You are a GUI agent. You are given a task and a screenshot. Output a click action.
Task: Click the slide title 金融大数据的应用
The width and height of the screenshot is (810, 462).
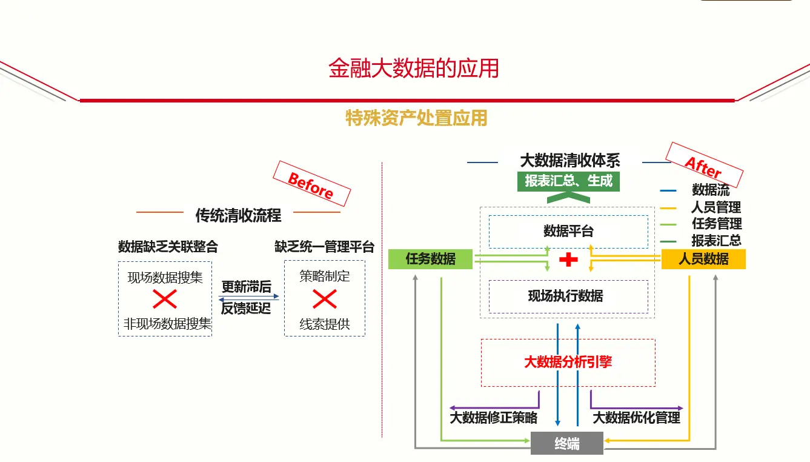click(x=414, y=69)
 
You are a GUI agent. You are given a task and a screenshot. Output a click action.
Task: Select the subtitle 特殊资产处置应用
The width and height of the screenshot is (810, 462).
click(x=416, y=118)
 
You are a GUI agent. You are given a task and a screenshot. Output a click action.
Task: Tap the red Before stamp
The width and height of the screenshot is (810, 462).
click(x=311, y=184)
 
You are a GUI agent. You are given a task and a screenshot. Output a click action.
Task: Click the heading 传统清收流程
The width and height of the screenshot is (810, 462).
click(x=238, y=215)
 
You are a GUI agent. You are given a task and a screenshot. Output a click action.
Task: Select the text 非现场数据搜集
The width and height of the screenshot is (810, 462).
click(x=167, y=324)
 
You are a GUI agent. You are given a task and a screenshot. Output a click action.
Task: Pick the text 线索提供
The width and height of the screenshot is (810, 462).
click(x=325, y=324)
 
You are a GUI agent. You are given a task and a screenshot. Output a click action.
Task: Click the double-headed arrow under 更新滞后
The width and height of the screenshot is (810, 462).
click(x=249, y=298)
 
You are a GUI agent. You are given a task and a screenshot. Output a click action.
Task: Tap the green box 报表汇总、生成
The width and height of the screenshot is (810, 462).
click(x=568, y=181)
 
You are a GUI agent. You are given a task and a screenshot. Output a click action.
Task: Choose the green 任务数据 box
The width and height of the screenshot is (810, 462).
click(x=430, y=259)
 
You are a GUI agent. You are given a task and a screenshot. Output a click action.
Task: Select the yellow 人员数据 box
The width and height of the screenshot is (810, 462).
click(x=703, y=259)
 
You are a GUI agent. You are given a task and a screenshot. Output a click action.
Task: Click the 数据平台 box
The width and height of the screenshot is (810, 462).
click(x=568, y=231)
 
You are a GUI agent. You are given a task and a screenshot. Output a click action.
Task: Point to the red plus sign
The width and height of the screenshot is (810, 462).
click(x=568, y=259)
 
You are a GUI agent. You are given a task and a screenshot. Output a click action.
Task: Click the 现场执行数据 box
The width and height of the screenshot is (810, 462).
click(x=568, y=296)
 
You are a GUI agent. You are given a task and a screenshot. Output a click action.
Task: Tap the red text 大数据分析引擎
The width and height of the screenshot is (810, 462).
click(x=568, y=362)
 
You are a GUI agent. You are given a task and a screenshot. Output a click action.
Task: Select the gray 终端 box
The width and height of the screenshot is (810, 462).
click(x=567, y=444)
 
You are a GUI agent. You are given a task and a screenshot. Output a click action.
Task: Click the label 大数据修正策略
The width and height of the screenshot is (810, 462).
click(x=493, y=418)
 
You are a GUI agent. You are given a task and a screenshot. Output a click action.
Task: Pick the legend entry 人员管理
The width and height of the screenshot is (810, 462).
click(x=716, y=207)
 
